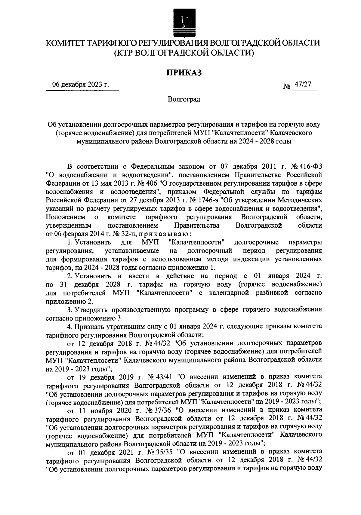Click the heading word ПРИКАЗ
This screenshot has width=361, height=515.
pos(184,73)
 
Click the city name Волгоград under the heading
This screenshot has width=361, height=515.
pos(184,99)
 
